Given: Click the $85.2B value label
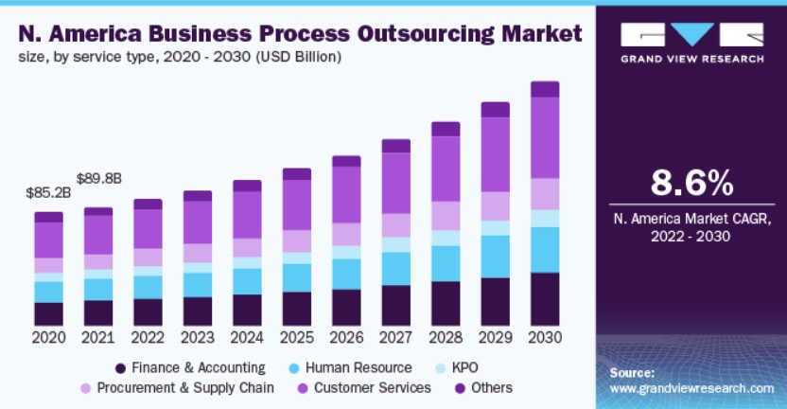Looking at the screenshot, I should tap(46, 193).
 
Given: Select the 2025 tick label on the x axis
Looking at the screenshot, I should tap(296, 337).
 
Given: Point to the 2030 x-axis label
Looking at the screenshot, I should tap(544, 337).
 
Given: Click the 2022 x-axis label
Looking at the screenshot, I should tap(148, 337).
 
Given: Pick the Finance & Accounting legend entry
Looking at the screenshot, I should tap(189, 367).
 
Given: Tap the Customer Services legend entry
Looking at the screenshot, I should tap(365, 387).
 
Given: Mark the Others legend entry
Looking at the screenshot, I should tap(482, 387).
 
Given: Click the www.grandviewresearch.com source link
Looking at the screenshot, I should tap(691, 388).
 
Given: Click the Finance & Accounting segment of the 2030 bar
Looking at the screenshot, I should tap(544, 299).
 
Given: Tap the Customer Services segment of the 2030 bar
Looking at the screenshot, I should tap(544, 137).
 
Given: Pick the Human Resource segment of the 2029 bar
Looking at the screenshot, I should tap(495, 256).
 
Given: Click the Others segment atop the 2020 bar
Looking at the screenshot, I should tap(48, 217).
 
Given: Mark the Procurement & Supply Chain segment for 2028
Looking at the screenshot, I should tap(445, 215).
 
